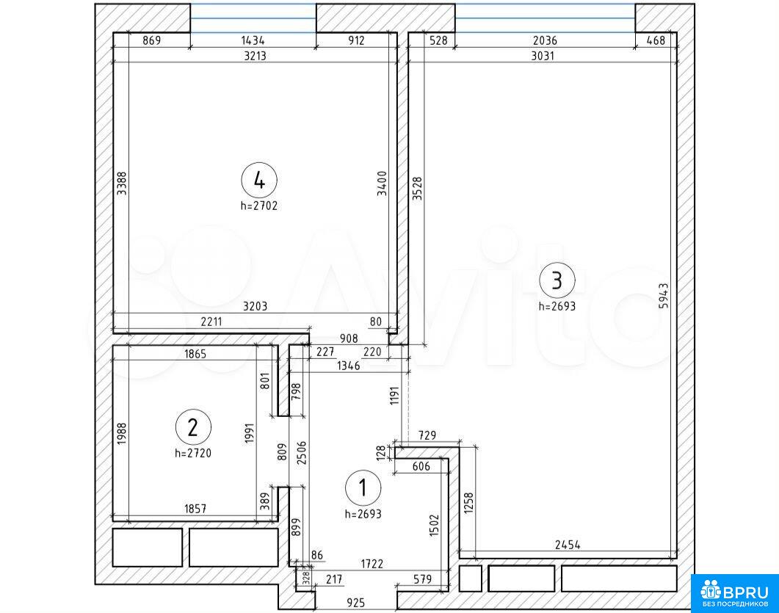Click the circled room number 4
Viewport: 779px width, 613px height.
click(x=259, y=180)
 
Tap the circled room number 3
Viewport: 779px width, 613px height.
click(x=557, y=280)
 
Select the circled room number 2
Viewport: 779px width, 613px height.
click(x=193, y=427)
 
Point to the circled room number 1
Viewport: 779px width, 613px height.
click(x=363, y=487)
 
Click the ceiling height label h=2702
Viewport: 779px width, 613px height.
click(x=259, y=206)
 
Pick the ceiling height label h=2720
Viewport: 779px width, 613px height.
click(x=193, y=453)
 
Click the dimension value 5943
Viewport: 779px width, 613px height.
click(x=664, y=296)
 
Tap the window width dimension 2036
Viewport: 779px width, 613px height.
click(x=545, y=40)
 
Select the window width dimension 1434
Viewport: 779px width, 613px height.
click(x=253, y=40)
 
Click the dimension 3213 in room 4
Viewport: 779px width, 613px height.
click(x=255, y=56)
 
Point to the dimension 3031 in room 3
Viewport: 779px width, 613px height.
click(x=543, y=56)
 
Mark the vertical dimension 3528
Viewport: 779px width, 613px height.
click(x=417, y=188)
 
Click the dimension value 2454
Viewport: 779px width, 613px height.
click(x=568, y=545)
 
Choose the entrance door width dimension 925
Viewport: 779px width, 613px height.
click(x=355, y=603)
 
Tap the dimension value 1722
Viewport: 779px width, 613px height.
click(x=372, y=565)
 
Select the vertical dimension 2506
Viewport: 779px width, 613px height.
click(x=302, y=452)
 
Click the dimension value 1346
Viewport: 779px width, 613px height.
click(x=348, y=366)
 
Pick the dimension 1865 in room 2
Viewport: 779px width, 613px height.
click(x=195, y=354)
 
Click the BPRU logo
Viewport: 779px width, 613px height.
click(x=735, y=594)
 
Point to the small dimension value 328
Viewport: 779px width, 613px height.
click(x=306, y=577)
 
